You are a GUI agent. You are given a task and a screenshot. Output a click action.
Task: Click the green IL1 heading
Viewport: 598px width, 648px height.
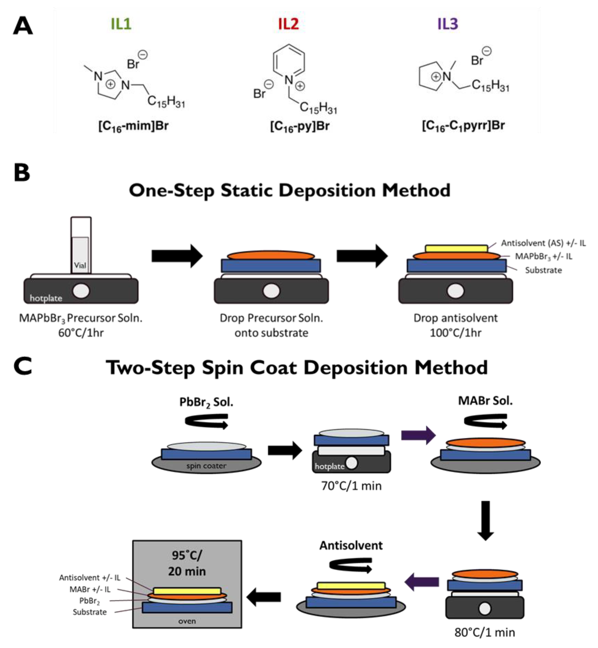[x=121, y=24]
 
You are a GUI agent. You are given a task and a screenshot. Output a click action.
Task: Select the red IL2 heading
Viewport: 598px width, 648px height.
[x=288, y=24]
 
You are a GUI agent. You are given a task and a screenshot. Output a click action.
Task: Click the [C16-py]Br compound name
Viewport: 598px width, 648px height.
[x=300, y=126]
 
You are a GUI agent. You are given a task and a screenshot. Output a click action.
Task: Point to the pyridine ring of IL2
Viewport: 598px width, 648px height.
[x=289, y=61]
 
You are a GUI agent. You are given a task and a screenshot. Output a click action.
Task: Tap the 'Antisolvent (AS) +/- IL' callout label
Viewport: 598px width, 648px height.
[x=543, y=243]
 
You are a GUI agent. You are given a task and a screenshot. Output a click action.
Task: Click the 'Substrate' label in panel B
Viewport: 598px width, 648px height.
[x=543, y=270]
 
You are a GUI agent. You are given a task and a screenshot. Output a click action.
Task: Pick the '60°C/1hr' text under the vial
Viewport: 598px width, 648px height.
[x=81, y=333]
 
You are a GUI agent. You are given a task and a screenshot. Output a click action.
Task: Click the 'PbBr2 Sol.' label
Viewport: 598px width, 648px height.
[x=206, y=402]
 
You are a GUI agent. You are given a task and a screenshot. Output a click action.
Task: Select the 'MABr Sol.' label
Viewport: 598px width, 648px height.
[x=485, y=401]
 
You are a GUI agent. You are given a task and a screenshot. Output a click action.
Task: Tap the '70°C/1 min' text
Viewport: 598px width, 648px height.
[x=352, y=486]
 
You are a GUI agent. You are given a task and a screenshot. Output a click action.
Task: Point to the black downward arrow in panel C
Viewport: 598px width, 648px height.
[x=485, y=521]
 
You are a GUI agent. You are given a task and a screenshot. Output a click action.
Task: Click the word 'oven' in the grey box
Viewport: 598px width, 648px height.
[x=187, y=621]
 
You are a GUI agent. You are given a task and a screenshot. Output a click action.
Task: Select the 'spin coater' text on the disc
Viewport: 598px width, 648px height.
[x=206, y=466]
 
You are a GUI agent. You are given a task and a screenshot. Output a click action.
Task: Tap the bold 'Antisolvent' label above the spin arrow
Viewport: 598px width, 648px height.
[x=351, y=546]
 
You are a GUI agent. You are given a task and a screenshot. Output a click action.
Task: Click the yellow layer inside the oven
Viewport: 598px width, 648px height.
[x=187, y=591]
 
